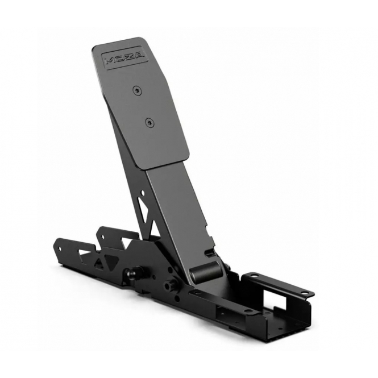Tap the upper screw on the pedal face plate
[x=137, y=90]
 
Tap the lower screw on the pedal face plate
[x=150, y=123]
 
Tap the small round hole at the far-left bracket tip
[x=60, y=248]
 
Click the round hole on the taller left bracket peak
[x=103, y=236]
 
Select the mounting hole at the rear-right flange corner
[x=306, y=293]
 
